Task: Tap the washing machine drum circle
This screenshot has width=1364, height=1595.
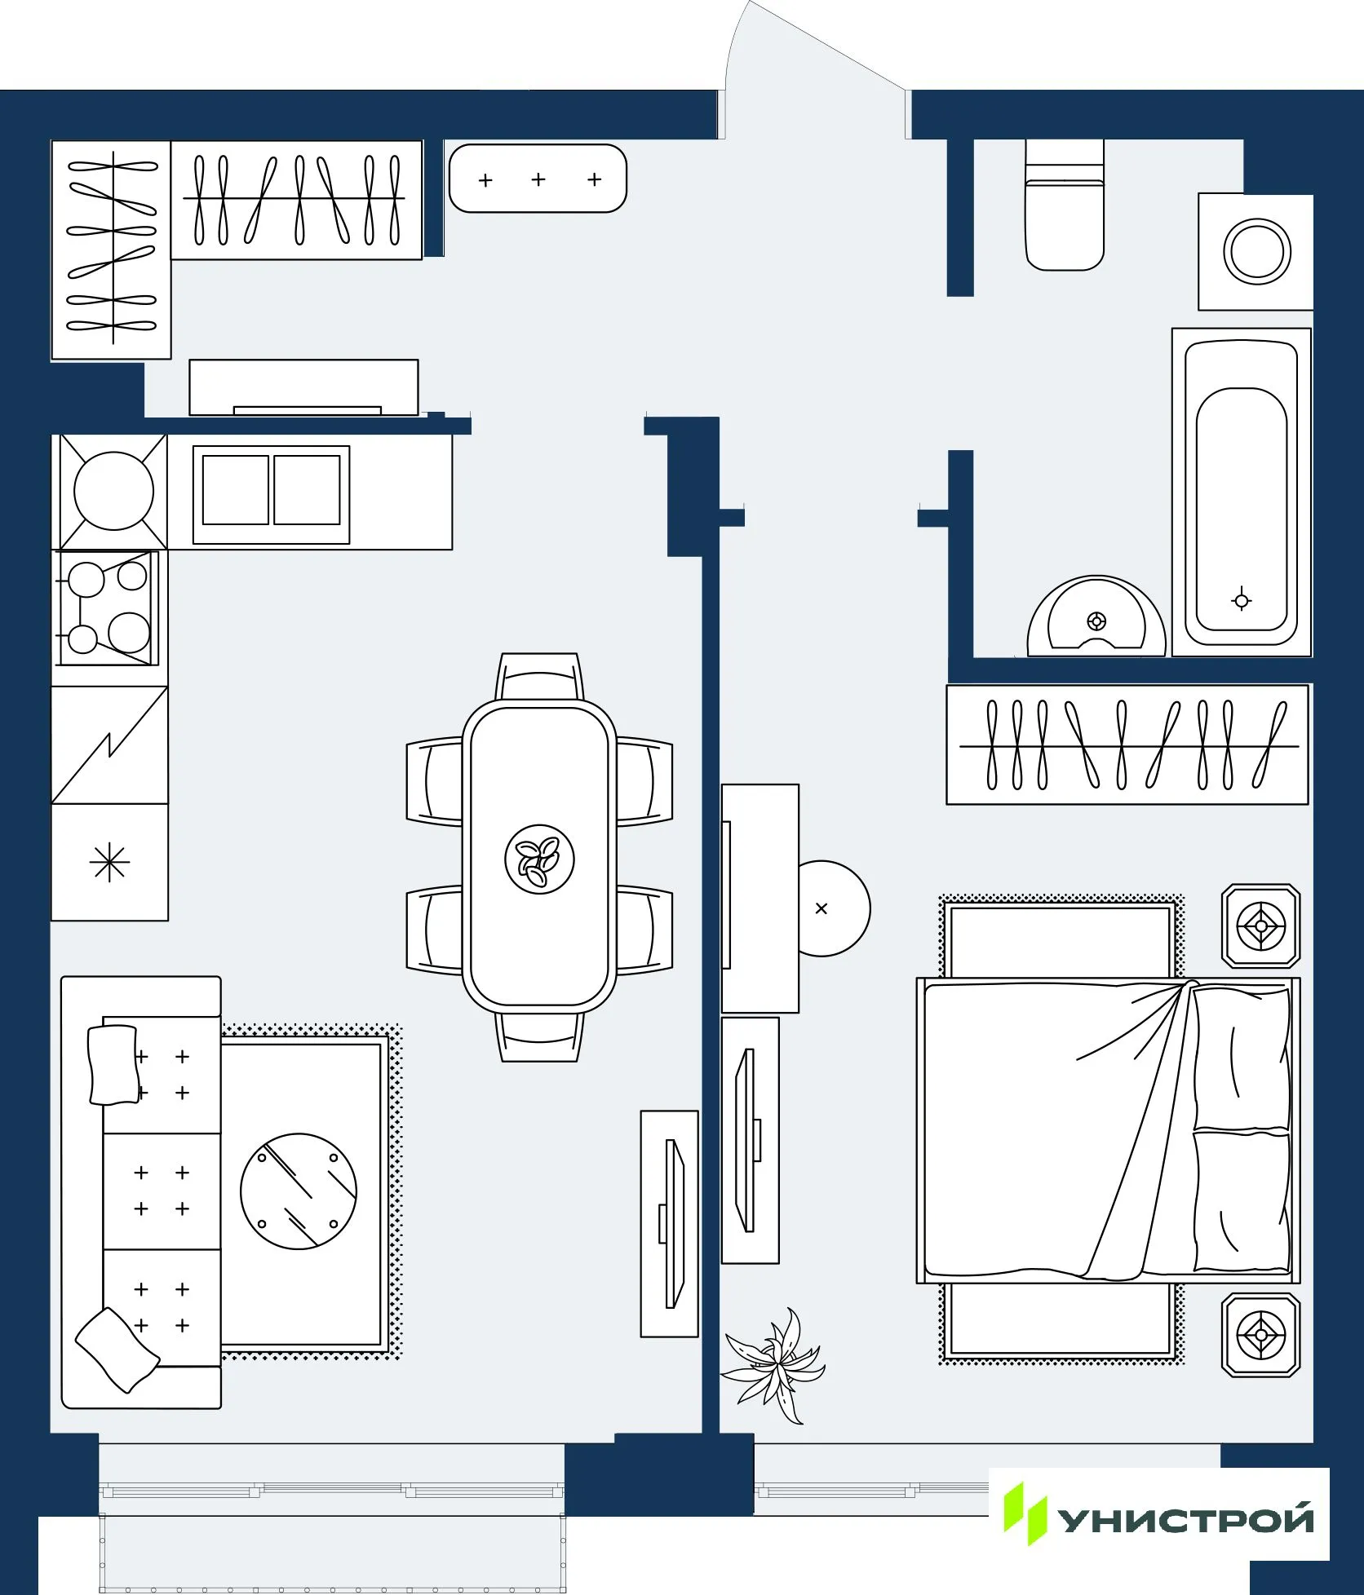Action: tap(1256, 251)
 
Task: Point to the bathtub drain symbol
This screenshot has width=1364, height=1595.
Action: tap(1241, 601)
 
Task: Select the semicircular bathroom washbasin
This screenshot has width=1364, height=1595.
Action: tap(1096, 617)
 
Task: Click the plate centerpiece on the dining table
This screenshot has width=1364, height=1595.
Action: tap(539, 859)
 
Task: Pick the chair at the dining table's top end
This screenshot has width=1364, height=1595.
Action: tap(539, 677)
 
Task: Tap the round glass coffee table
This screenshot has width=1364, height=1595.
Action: tap(299, 1191)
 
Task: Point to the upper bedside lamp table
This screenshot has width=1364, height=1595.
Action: tap(1260, 926)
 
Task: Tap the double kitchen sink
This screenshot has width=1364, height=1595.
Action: tap(271, 494)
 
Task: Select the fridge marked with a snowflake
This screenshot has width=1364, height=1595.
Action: tap(109, 863)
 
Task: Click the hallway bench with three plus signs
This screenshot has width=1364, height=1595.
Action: tap(538, 179)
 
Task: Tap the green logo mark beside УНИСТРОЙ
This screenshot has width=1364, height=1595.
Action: tap(1024, 1513)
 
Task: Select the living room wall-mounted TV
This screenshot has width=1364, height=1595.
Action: tap(670, 1223)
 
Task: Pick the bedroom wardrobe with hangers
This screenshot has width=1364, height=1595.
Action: tap(1127, 744)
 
